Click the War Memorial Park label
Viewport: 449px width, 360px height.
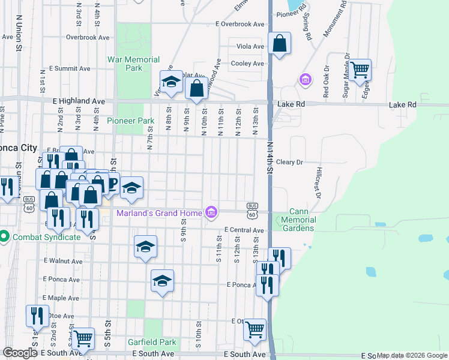click(133, 64)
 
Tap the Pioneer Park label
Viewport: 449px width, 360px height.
click(130, 121)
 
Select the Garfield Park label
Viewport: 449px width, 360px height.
click(152, 343)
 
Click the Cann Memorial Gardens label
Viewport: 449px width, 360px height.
click(302, 220)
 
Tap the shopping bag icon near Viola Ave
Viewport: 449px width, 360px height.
click(280, 44)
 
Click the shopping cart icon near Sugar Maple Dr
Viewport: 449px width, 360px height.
click(360, 70)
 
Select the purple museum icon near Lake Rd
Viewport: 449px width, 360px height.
click(305, 79)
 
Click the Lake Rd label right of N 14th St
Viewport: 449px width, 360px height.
click(291, 104)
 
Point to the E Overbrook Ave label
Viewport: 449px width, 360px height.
click(240, 25)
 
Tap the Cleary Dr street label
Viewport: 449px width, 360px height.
click(289, 162)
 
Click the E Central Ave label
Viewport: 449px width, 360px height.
click(244, 230)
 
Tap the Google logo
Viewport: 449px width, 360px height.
click(20, 353)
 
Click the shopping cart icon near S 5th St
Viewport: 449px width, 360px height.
click(83, 338)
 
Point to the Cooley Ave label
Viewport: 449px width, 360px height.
click(248, 63)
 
